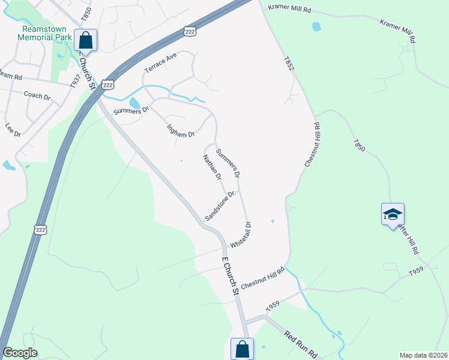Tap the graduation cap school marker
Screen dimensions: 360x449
pos(393,214)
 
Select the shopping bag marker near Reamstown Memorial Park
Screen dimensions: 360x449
pos(85,40)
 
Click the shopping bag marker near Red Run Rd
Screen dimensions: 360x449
pos(242,349)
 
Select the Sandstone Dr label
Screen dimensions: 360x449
pos(221,206)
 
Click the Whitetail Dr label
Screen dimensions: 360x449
pos(240,235)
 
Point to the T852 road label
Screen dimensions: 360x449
pos(290,65)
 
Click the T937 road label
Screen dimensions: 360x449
pos(74,82)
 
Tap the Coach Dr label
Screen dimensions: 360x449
pos(37,95)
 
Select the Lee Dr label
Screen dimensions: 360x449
pos(13,130)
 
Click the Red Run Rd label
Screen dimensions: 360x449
pos(300,344)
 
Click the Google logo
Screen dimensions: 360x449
pos(20,353)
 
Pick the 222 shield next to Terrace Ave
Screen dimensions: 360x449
pos(108,85)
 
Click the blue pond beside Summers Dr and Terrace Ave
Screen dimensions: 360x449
pos(134,103)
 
